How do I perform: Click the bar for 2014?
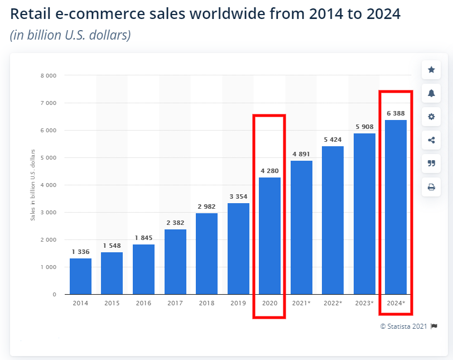(80, 276)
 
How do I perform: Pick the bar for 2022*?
(333, 220)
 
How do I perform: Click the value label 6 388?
(396, 113)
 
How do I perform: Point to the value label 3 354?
(238, 196)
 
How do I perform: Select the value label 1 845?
(143, 238)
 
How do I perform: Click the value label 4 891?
(301, 155)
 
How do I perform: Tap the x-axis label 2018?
(206, 303)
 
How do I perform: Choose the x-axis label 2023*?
(365, 303)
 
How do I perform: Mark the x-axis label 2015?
(112, 303)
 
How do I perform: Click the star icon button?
(431, 70)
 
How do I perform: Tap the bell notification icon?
(431, 93)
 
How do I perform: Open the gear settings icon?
(431, 117)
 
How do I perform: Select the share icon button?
(431, 140)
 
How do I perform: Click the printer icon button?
(431, 187)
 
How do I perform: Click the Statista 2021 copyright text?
(404, 326)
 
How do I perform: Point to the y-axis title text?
(33, 184)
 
